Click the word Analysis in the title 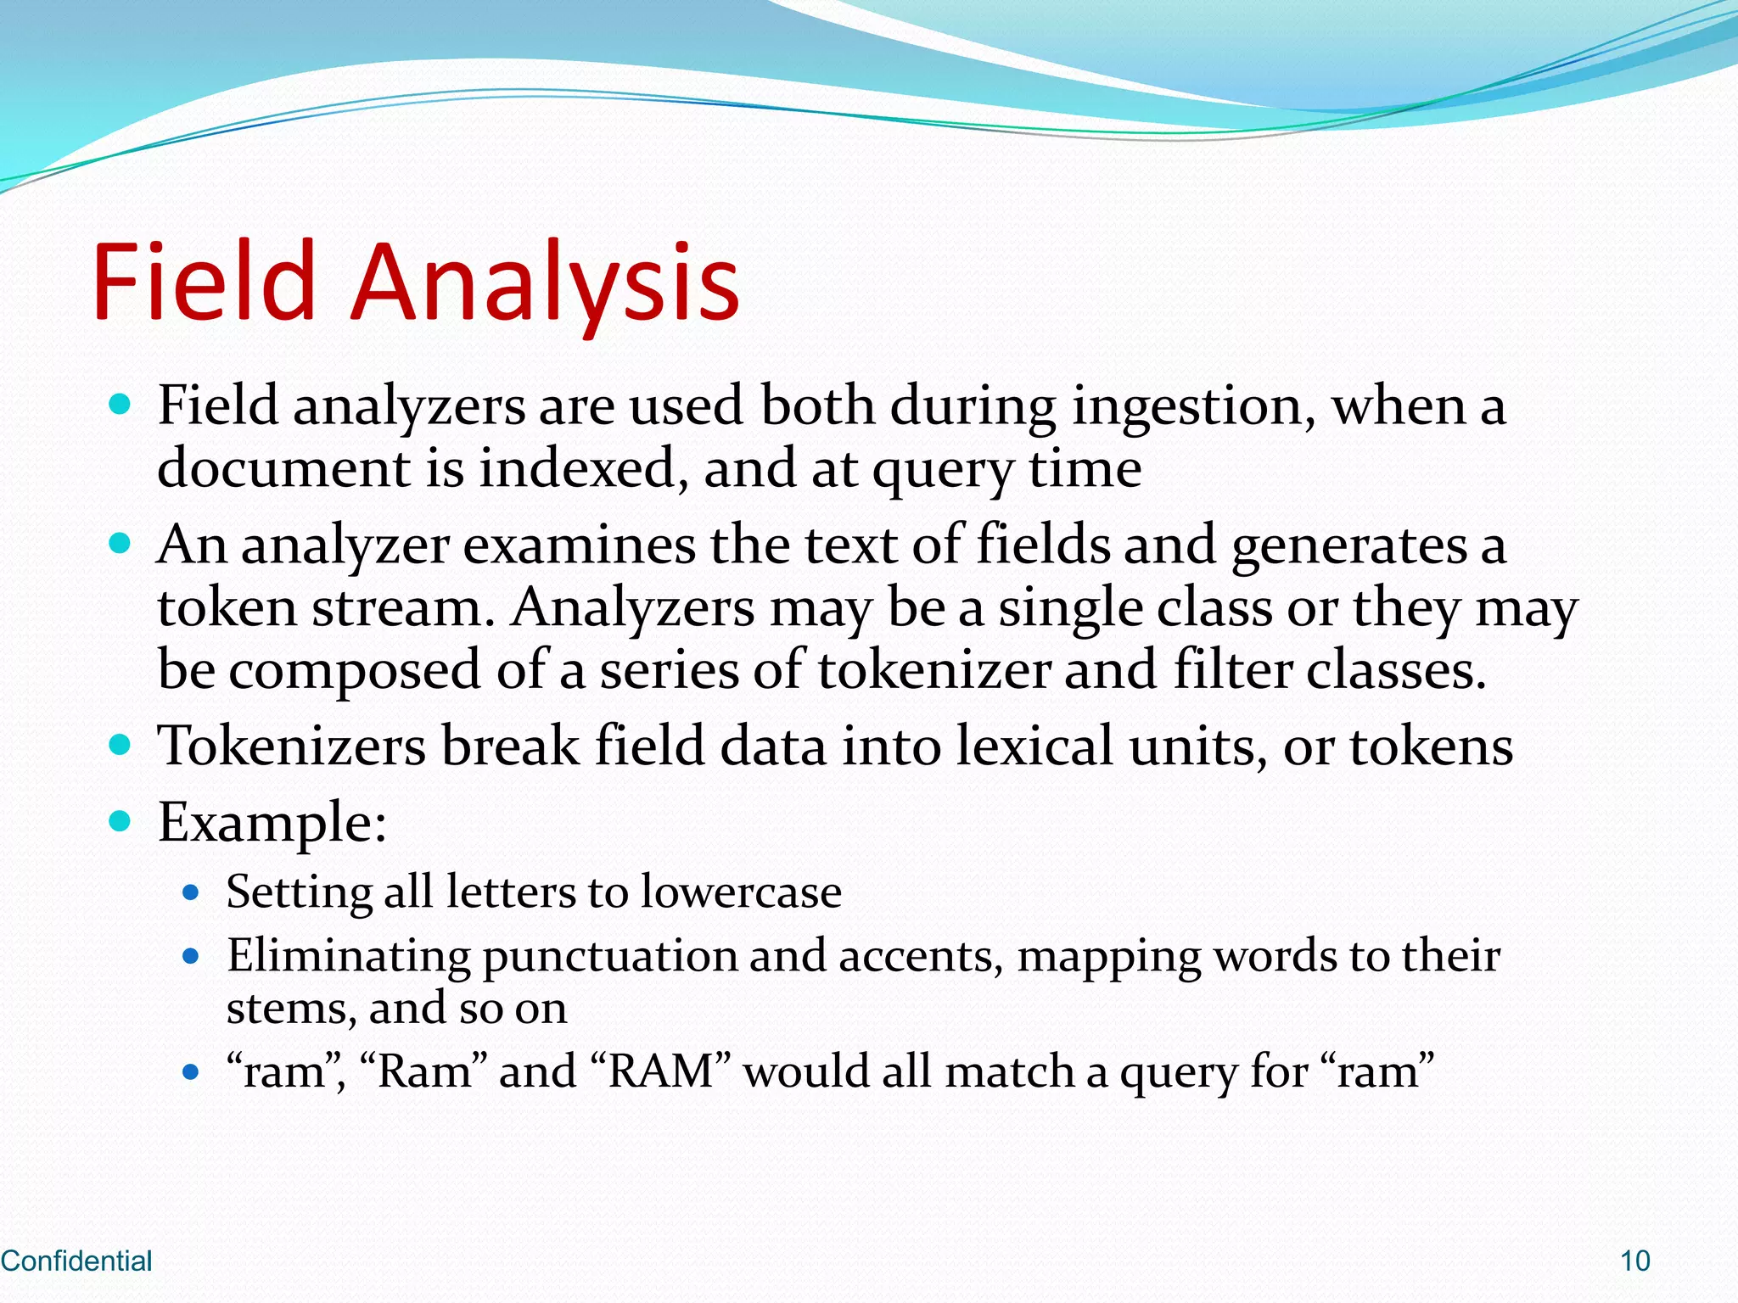click(x=546, y=282)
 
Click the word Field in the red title click(x=204, y=282)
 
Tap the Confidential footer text click(x=76, y=1261)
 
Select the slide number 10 click(x=1634, y=1261)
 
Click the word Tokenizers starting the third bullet click(x=292, y=747)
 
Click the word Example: click(x=272, y=822)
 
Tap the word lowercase click(x=741, y=892)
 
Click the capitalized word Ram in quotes click(x=424, y=1071)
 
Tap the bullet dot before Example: click(x=121, y=820)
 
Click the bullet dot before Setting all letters click(x=191, y=892)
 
